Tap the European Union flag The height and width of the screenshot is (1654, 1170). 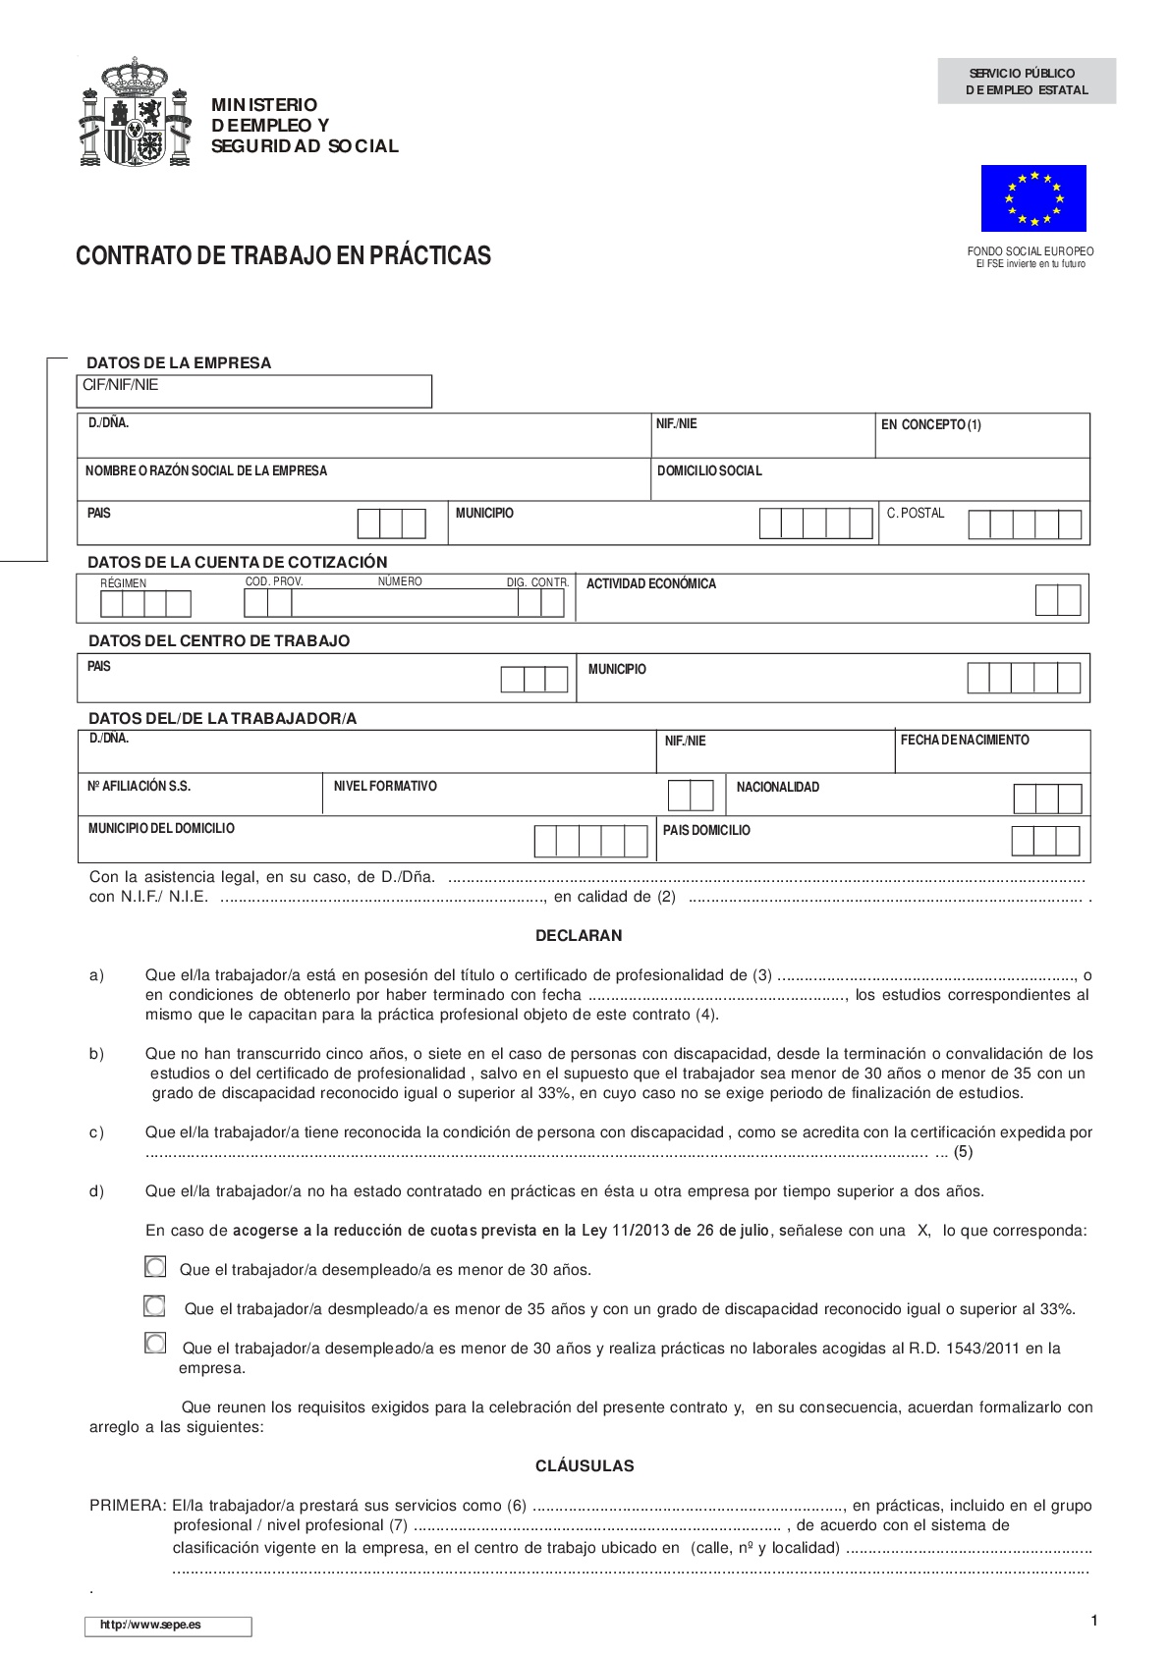pos(1033,198)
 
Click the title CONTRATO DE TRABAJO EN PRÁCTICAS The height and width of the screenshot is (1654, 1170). pos(283,256)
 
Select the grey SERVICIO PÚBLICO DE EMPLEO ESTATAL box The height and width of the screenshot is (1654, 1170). pos(1027,82)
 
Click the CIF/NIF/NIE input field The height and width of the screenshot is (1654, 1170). pos(254,391)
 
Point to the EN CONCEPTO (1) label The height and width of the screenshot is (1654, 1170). pos(930,425)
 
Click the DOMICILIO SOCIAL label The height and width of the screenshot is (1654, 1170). pos(709,471)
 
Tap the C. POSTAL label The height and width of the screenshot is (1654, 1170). pos(915,513)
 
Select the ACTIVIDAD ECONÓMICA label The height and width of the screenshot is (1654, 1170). pos(651,584)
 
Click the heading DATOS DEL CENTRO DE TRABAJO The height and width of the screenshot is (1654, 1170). pos(219,641)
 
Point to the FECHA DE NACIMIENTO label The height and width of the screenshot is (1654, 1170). pos(965,741)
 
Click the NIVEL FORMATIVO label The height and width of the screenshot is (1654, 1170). pos(385,787)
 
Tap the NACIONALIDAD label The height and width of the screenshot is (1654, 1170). pos(777,788)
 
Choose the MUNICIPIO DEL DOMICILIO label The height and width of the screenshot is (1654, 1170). pos(161,829)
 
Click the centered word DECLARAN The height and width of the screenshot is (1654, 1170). pos(579,936)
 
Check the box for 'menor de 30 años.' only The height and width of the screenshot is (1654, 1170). pos(155,1267)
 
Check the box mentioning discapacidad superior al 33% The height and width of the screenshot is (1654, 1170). pos(155,1306)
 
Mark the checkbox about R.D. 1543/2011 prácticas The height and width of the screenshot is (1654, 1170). pos(155,1343)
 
